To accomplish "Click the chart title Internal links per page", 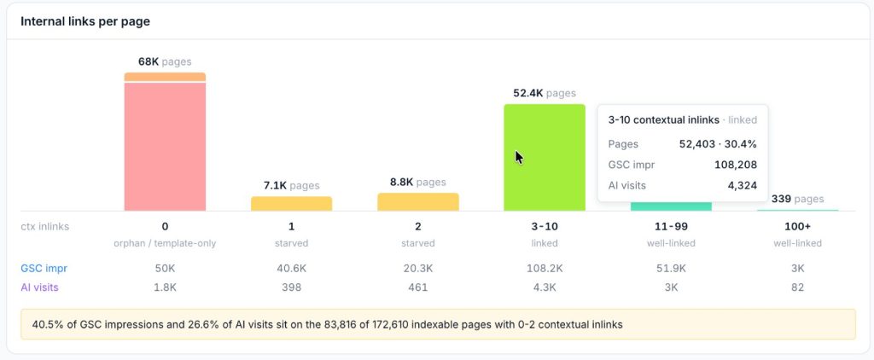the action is pos(85,21).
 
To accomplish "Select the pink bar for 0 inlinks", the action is pos(165,147).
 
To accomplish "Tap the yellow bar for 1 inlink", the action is pos(292,203).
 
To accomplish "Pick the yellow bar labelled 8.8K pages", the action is pos(418,201).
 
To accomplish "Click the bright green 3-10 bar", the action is pos(545,158).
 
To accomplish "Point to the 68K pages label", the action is pos(165,62).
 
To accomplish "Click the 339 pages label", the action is pos(798,199).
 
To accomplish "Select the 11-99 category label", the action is pos(671,227).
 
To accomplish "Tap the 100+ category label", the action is pos(798,227).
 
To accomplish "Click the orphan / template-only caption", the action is pos(165,243).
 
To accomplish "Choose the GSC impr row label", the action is pos(44,269).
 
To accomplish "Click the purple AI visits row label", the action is pos(39,287).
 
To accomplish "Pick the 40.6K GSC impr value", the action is pos(292,269).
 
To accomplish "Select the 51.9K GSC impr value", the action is pos(671,269).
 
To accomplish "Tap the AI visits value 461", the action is pos(418,287).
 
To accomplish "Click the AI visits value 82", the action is pos(798,287).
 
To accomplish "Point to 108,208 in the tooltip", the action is pos(736,165).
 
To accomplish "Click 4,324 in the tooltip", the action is pos(743,186).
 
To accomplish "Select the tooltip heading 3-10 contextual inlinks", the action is pos(664,119).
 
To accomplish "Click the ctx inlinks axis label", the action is pos(45,227).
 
